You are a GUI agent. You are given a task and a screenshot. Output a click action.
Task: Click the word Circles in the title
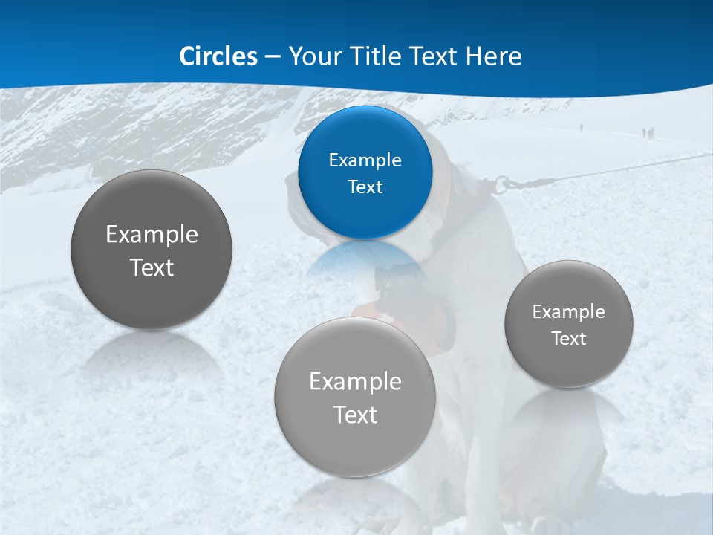pyautogui.click(x=218, y=56)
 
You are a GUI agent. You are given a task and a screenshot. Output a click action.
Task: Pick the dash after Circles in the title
pyautogui.click(x=273, y=57)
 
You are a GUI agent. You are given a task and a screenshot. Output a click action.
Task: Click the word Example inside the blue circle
pyautogui.click(x=365, y=160)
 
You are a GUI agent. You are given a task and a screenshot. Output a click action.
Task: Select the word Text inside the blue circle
pyautogui.click(x=365, y=187)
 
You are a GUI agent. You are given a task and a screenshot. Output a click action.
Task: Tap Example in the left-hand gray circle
pyautogui.click(x=152, y=234)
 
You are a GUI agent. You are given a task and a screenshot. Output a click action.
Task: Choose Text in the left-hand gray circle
pyautogui.click(x=152, y=267)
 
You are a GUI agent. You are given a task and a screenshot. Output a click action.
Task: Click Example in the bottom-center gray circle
pyautogui.click(x=355, y=381)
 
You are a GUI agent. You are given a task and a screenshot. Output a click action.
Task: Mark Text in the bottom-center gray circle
pyautogui.click(x=355, y=415)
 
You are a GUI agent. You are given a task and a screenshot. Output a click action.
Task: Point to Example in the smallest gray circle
pyautogui.click(x=568, y=311)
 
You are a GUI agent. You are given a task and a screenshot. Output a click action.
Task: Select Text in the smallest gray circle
pyautogui.click(x=568, y=339)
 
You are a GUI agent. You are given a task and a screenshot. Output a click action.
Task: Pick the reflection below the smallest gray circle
pyautogui.click(x=568, y=409)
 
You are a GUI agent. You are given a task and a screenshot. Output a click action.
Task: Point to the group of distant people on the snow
pyautogui.click(x=648, y=133)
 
